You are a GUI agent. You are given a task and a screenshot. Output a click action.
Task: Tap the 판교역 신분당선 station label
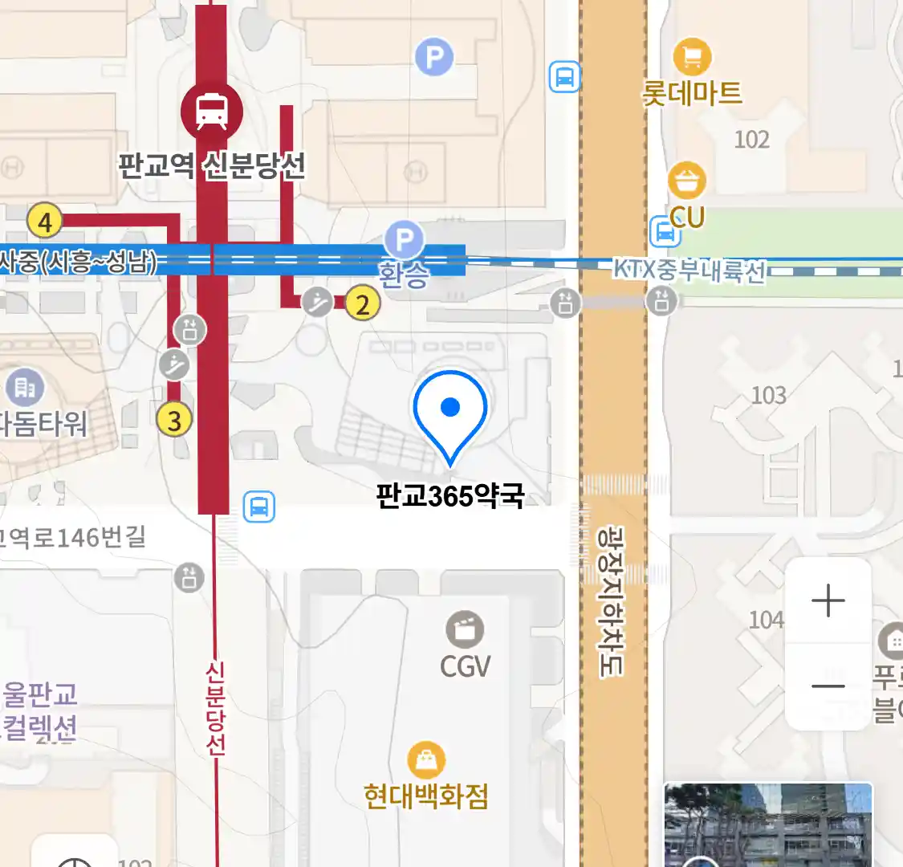tap(212, 165)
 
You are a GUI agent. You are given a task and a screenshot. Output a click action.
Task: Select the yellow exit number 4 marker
tap(45, 221)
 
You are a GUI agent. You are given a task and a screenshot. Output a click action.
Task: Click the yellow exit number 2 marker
tap(363, 304)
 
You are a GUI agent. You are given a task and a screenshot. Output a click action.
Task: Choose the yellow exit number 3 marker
tap(174, 419)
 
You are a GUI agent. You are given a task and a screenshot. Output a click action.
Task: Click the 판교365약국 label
tap(450, 496)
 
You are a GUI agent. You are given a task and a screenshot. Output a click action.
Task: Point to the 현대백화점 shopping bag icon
tap(426, 759)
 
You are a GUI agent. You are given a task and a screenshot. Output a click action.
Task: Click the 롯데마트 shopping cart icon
tap(692, 57)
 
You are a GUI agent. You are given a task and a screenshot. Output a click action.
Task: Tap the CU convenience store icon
tap(687, 181)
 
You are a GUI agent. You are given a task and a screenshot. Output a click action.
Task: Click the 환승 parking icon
tap(404, 239)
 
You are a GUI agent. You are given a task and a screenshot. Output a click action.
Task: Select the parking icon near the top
tap(434, 57)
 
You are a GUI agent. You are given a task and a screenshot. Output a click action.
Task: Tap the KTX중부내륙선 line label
tap(689, 270)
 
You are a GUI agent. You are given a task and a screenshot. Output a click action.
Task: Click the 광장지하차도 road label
tap(612, 600)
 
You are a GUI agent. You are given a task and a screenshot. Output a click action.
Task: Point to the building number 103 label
tap(768, 395)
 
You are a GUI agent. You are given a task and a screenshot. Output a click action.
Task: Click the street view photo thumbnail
tap(767, 824)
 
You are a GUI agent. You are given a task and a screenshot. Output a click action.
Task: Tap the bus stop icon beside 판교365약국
tap(258, 507)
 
